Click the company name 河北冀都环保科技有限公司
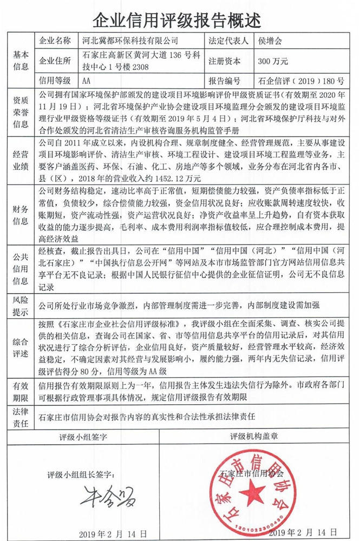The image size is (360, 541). tap(129, 41)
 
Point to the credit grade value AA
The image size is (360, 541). tap(87, 81)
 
